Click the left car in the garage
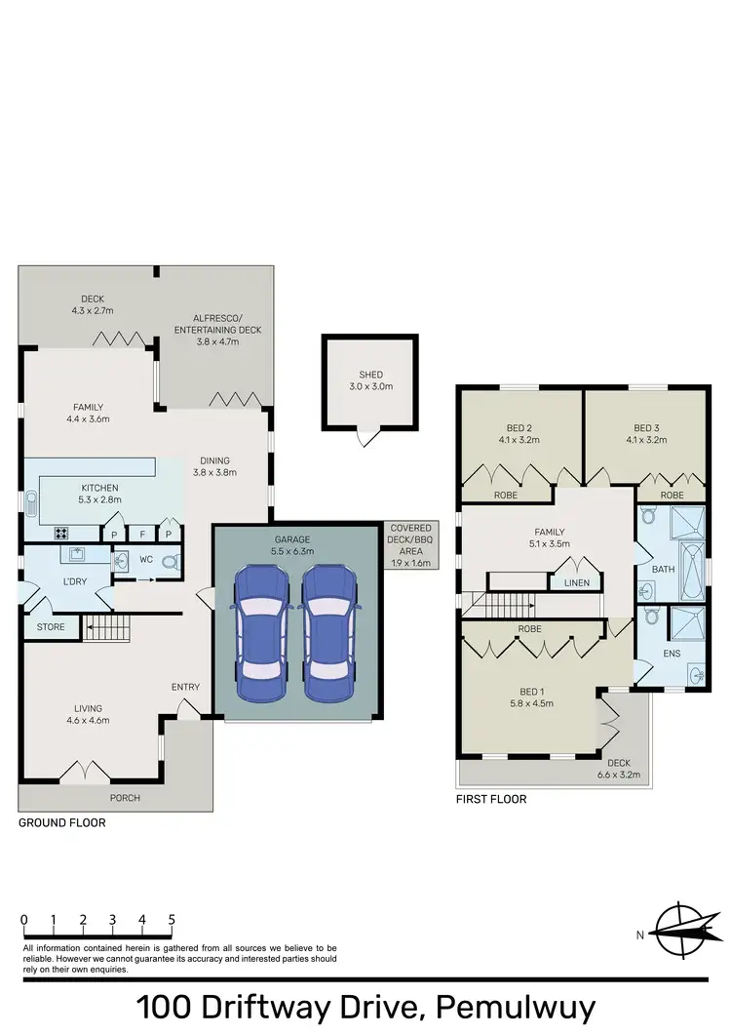pyautogui.click(x=259, y=634)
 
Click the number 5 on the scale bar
pyautogui.click(x=172, y=919)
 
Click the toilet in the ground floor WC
pyautogui.click(x=171, y=562)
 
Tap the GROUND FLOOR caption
pyautogui.click(x=62, y=823)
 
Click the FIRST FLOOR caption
pyautogui.click(x=491, y=799)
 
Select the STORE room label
pyautogui.click(x=51, y=627)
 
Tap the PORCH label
pyautogui.click(x=125, y=798)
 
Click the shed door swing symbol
pyautogui.click(x=365, y=439)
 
